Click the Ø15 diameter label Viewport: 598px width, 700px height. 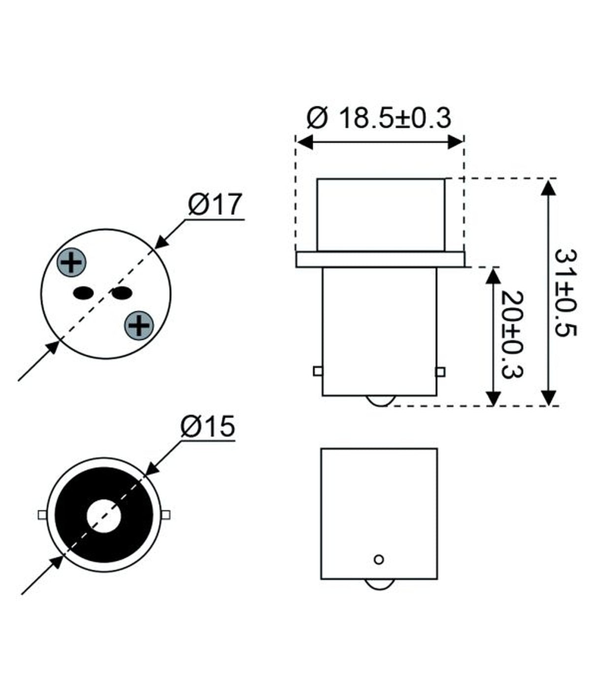(x=207, y=426)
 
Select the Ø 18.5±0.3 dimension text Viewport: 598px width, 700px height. (x=378, y=118)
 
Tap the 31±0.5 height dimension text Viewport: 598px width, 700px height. (x=565, y=292)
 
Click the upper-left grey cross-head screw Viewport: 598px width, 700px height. (x=72, y=262)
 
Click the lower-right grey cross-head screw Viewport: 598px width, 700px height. (x=139, y=325)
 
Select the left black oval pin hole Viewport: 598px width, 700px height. (x=83, y=293)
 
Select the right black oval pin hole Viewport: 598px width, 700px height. (x=122, y=293)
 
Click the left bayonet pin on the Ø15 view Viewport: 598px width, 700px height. (x=42, y=515)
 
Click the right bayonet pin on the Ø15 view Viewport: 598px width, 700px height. (x=166, y=515)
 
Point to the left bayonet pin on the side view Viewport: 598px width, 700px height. (x=318, y=371)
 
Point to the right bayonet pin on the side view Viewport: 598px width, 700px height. (x=441, y=372)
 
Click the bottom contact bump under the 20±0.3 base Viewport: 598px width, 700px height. (x=379, y=401)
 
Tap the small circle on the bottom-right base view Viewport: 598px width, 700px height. (x=379, y=559)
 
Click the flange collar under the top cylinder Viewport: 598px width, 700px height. (x=380, y=259)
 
